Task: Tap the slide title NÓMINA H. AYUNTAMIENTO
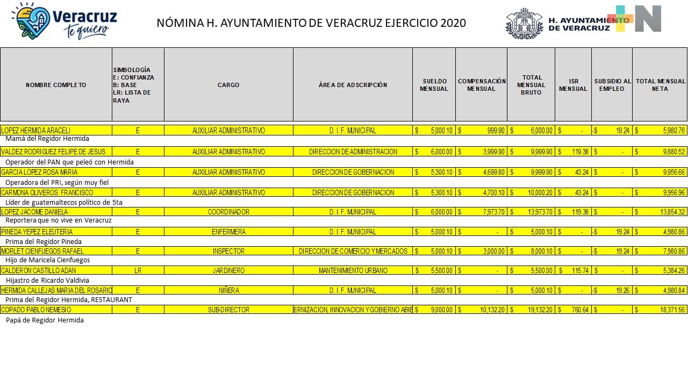coord(311,23)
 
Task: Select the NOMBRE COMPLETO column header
coord(56,85)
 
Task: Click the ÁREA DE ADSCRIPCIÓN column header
coord(353,85)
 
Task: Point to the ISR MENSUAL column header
coord(573,85)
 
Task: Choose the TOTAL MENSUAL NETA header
coord(660,85)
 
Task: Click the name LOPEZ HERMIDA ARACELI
coord(35,131)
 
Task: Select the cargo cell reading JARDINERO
coord(228,271)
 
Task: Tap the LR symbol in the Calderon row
coord(138,271)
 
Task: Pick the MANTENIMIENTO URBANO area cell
coord(353,271)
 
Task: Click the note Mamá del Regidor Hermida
coord(47,139)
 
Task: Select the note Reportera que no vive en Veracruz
coord(59,220)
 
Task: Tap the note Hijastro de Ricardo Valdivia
coord(47,280)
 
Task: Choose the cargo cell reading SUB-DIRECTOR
coord(228,310)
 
